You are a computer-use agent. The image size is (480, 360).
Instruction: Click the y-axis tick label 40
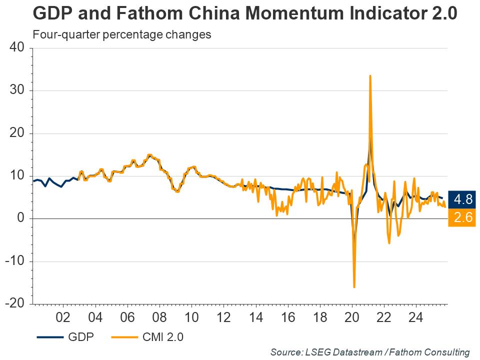[17, 48]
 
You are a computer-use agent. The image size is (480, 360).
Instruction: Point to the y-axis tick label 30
[17, 90]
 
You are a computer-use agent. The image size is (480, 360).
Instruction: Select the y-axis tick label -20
[15, 304]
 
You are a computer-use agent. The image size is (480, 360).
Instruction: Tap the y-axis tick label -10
[15, 261]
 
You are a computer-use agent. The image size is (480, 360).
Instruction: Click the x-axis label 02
[63, 317]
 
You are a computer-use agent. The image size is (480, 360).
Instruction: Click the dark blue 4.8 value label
[461, 199]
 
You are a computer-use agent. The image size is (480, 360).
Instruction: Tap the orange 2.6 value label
[461, 218]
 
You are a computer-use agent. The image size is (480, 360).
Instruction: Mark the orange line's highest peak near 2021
[370, 76]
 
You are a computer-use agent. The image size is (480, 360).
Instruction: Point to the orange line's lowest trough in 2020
[354, 287]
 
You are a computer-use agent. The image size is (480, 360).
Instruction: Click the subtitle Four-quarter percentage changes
[121, 35]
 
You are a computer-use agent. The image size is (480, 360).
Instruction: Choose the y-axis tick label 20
[17, 133]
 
